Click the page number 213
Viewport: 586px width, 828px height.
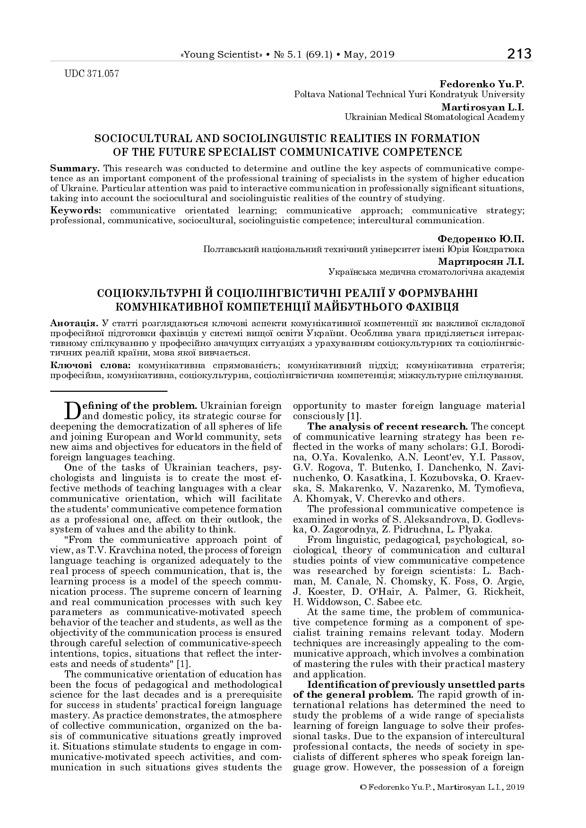[x=519, y=54]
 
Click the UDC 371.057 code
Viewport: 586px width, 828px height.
[x=91, y=74]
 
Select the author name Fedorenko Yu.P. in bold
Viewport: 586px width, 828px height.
[x=482, y=84]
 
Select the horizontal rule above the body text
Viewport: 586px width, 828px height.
[x=109, y=391]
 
